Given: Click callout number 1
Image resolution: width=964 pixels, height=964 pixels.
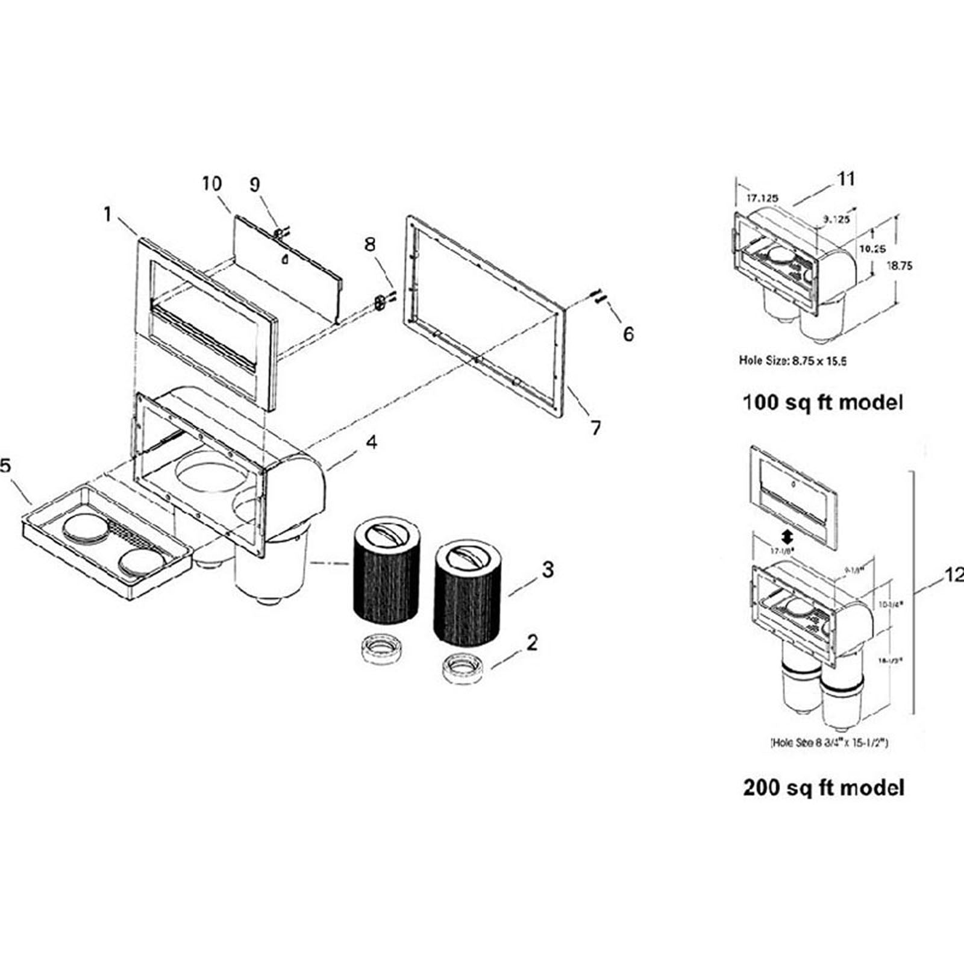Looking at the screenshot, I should click(108, 214).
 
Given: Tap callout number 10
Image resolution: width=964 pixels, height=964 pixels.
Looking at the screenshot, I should click(211, 184).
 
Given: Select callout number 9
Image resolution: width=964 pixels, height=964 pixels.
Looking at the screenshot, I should click(255, 184).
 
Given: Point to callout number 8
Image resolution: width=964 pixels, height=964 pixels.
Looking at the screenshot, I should click(370, 244).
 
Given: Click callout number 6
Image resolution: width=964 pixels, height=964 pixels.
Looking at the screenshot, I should click(628, 334).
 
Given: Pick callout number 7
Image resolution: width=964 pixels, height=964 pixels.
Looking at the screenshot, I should click(595, 428).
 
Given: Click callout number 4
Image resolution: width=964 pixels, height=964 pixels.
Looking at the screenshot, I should click(372, 442).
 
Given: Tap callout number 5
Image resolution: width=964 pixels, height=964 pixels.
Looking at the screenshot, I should click(5, 466).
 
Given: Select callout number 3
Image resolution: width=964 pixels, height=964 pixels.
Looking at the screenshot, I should click(547, 569).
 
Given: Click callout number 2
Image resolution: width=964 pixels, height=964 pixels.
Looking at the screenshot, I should click(531, 643).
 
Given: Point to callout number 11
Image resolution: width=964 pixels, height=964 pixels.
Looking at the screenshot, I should click(846, 179).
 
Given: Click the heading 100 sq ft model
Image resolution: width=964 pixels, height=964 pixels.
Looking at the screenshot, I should click(822, 402).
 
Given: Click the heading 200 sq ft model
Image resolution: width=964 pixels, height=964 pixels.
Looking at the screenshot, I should click(824, 787).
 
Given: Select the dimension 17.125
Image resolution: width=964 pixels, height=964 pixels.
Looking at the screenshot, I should click(762, 198).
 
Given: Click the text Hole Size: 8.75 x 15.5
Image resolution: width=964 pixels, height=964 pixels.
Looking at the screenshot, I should click(793, 361).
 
